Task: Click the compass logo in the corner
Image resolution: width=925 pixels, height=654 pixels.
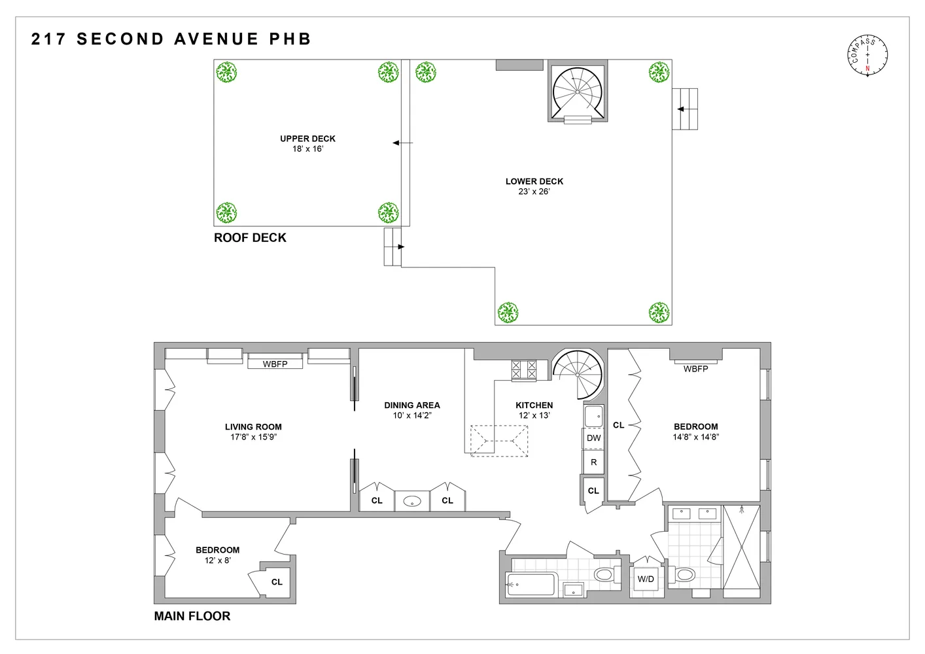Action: point(867,56)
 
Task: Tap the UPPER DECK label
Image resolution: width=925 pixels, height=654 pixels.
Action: point(307,139)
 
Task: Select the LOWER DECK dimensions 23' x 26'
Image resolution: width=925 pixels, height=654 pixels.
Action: point(534,192)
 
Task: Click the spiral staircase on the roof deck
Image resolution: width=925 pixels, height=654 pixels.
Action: point(577,92)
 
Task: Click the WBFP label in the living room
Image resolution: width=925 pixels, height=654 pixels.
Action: point(275,364)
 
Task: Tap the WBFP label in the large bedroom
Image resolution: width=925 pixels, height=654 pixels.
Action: point(695,369)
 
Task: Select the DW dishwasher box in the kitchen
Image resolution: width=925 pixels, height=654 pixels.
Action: point(593,438)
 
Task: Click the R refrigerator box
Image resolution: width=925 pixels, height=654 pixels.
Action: point(593,462)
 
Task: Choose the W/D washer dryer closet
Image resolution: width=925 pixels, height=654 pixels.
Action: point(646,579)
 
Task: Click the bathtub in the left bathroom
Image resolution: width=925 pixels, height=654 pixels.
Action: point(531,584)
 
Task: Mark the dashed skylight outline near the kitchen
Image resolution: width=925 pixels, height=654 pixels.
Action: point(499,441)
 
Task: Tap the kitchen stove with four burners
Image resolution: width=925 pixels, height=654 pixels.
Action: point(523,370)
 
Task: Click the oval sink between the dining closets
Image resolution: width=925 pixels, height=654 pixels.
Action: point(412,502)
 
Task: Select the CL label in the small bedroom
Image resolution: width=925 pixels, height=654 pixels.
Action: point(277,582)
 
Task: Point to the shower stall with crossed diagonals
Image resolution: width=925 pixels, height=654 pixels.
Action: point(741,547)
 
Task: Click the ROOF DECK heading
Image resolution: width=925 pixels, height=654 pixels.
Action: point(250,238)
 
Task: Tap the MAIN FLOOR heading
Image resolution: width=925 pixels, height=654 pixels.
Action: point(192,616)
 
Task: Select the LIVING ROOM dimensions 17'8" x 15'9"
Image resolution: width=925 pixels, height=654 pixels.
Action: point(253,437)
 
